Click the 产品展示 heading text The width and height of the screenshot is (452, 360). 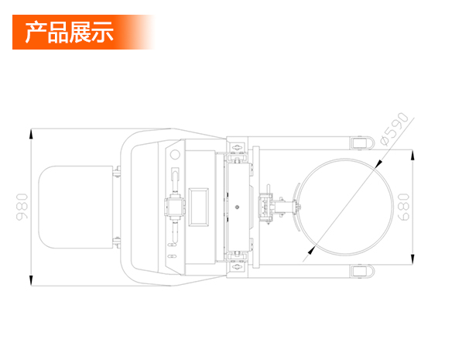[x=69, y=32]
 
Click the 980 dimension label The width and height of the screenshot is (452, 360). [x=22, y=207]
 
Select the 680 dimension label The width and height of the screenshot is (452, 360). [x=403, y=207]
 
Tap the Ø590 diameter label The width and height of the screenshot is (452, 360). [x=395, y=129]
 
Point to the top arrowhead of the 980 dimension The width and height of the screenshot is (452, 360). [x=31, y=134]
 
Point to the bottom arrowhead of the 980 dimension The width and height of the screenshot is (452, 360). [x=31, y=280]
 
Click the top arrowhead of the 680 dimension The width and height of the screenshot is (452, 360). [x=413, y=155]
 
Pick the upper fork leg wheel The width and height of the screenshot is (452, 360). [x=361, y=143]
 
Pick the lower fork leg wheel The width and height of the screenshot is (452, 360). [x=361, y=271]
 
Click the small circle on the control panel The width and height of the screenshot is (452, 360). [x=175, y=155]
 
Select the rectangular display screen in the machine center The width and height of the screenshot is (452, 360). [x=198, y=207]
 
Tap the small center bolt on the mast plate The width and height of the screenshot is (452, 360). [x=237, y=207]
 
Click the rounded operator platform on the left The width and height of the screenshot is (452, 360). [x=76, y=207]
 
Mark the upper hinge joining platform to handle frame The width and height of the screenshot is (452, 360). [x=117, y=172]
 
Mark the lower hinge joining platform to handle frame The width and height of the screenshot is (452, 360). [x=117, y=242]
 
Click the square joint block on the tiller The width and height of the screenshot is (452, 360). [x=175, y=207]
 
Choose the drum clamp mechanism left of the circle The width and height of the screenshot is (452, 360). [x=277, y=207]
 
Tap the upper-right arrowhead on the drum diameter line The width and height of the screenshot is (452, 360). [x=378, y=164]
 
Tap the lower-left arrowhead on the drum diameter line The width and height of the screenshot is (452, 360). [x=312, y=250]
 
